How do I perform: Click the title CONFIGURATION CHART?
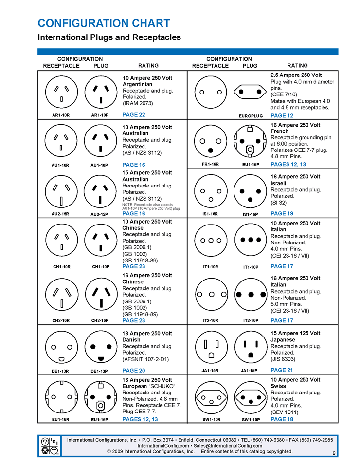click(104, 23)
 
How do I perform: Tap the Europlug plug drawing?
click(251, 92)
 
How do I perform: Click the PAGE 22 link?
click(134, 115)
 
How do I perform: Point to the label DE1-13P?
click(100, 371)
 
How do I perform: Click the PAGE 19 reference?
click(282, 213)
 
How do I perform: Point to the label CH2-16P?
click(100, 320)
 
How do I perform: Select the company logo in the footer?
click(51, 446)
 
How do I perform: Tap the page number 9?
click(334, 454)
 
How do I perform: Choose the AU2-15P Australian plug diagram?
click(100, 191)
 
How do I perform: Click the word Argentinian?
click(138, 84)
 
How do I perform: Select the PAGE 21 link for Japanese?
click(282, 370)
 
